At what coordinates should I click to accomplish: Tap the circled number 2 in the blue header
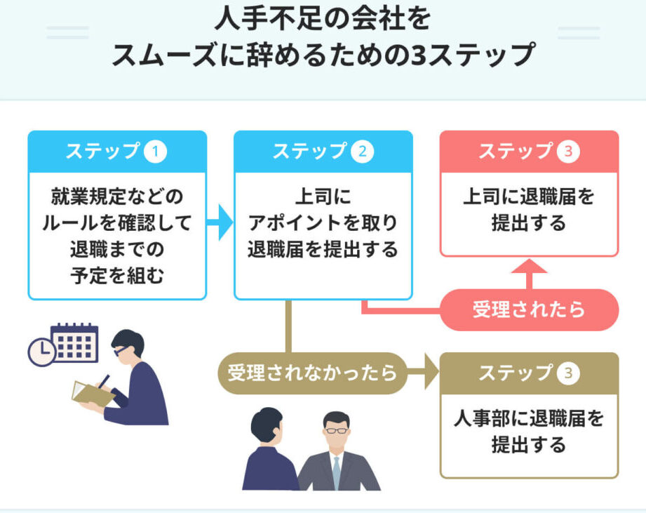(x=362, y=152)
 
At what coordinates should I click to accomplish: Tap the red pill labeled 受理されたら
(x=529, y=309)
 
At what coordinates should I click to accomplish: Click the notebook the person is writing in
(x=93, y=394)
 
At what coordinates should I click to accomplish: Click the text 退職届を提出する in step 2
(x=323, y=249)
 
